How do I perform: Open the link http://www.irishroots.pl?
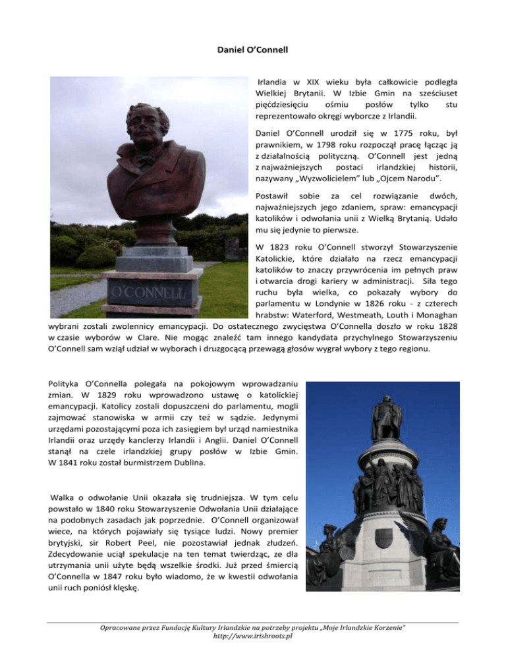(x=252, y=637)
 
